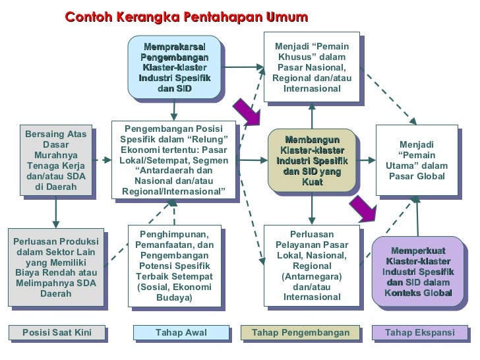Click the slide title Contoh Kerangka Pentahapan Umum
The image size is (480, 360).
(x=187, y=17)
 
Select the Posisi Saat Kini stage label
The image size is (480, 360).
(x=57, y=332)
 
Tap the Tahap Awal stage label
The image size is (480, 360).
(x=181, y=332)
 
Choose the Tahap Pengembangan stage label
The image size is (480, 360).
(x=300, y=332)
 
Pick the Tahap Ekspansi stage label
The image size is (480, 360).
(x=419, y=332)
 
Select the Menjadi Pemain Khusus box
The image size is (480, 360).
(x=311, y=67)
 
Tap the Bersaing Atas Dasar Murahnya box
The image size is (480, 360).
(x=56, y=161)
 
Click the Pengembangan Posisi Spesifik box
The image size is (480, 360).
(x=174, y=161)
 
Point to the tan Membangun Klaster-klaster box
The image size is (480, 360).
(x=311, y=161)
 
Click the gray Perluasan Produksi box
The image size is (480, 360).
(x=56, y=266)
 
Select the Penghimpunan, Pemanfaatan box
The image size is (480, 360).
(x=174, y=266)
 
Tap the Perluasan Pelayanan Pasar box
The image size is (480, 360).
(x=311, y=266)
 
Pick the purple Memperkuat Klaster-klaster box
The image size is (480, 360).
(x=418, y=271)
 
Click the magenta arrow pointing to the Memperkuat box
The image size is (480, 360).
(x=363, y=208)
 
